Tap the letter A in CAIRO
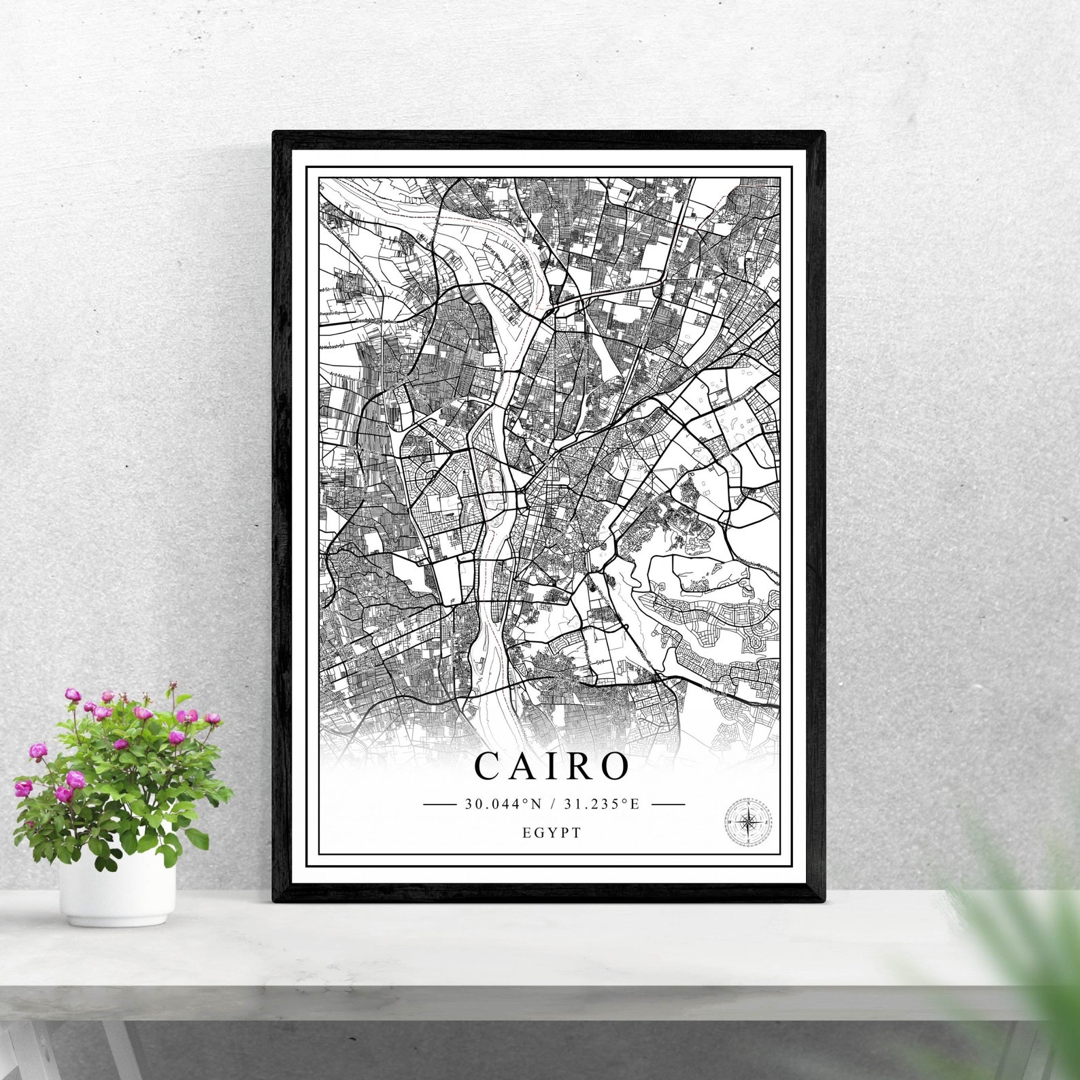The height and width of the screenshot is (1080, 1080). [524, 766]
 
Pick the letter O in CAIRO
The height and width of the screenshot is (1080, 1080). [613, 766]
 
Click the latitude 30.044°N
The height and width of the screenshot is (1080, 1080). [503, 804]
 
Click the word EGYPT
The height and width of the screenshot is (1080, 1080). [552, 832]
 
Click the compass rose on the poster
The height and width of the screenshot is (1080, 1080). [748, 822]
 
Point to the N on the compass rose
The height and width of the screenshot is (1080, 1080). [749, 805]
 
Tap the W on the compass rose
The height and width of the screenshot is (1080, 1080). [730, 823]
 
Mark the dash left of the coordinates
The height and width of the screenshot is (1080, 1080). [439, 804]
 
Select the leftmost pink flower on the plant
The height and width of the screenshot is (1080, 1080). [23, 788]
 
